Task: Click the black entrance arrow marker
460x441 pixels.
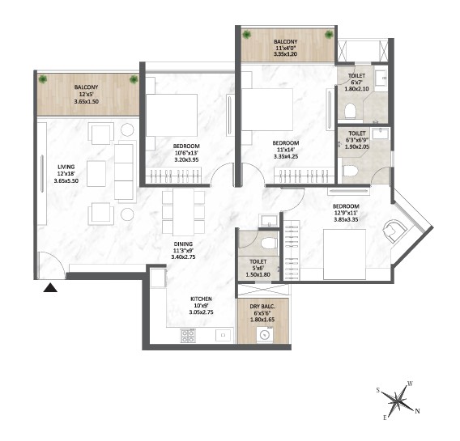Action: pyautogui.click(x=50, y=288)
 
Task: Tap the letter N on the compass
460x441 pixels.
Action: pyautogui.click(x=417, y=411)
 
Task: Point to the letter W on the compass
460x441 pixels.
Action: pyautogui.click(x=411, y=384)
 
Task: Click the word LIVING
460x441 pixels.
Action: pyautogui.click(x=66, y=167)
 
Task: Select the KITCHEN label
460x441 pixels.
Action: pyautogui.click(x=201, y=299)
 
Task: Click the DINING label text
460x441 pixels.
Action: pyautogui.click(x=183, y=244)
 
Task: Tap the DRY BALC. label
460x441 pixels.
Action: pyautogui.click(x=262, y=307)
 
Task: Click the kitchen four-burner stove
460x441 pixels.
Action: pyautogui.click(x=187, y=336)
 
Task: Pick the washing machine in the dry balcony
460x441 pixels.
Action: pyautogui.click(x=265, y=335)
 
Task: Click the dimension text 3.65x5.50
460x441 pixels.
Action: pyautogui.click(x=66, y=181)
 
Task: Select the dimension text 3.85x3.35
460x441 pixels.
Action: pyautogui.click(x=346, y=219)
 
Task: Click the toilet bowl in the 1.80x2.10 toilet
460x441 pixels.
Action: pyautogui.click(x=350, y=112)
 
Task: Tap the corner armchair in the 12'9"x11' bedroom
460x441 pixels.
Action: pyautogui.click(x=394, y=231)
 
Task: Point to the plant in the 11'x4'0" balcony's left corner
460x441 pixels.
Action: pyautogui.click(x=247, y=34)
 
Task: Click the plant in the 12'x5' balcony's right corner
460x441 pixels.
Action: pyautogui.click(x=134, y=79)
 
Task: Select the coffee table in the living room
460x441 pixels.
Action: pyautogui.click(x=96, y=173)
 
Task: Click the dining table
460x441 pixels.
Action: pyautogui.click(x=183, y=212)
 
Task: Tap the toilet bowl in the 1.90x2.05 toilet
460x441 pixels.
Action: pyautogui.click(x=350, y=171)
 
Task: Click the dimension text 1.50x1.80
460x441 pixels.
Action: pyautogui.click(x=258, y=275)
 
